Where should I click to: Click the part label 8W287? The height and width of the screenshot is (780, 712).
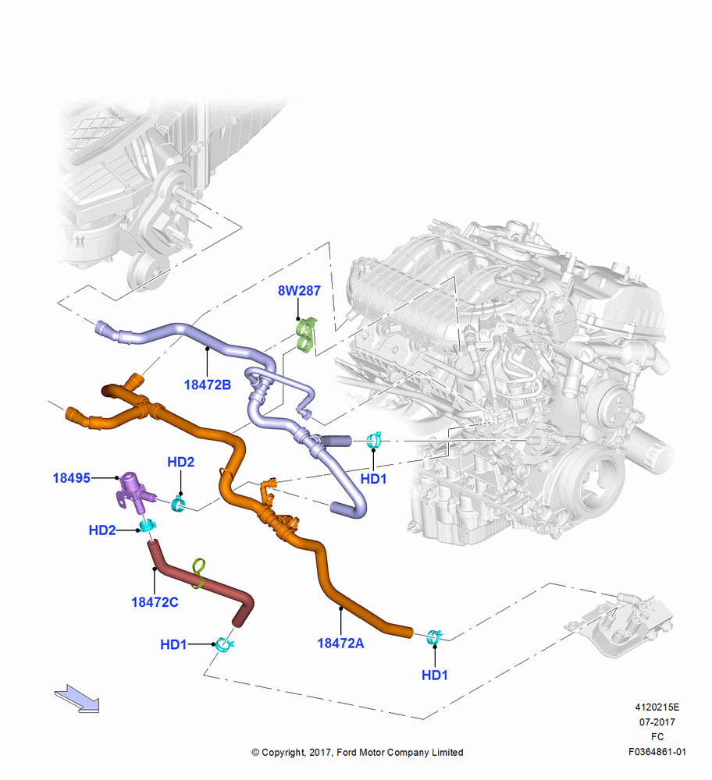coord(299,290)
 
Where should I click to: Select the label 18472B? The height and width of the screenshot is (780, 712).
coord(208,385)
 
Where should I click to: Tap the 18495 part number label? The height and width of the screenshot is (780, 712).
coord(72,478)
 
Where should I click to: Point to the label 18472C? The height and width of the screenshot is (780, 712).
coord(155,602)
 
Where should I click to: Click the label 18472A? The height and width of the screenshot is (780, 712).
coord(340,643)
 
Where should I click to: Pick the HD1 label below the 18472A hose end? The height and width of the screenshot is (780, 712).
coord(435,675)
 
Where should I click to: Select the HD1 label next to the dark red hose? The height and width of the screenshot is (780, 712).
coord(173,645)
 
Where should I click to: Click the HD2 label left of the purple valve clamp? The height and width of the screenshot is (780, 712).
coord(102,530)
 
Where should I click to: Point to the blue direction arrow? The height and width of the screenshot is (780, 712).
coord(77,698)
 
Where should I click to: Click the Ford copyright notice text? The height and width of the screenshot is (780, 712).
coord(358,753)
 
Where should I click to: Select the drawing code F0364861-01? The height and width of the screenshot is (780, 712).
coord(657,752)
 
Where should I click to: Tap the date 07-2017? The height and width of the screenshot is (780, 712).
coord(657,721)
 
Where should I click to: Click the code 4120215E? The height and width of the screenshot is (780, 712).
coord(657,707)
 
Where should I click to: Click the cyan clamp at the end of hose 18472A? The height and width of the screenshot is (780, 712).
coord(434,636)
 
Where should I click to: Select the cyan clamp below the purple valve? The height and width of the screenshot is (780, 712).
coord(148,525)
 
